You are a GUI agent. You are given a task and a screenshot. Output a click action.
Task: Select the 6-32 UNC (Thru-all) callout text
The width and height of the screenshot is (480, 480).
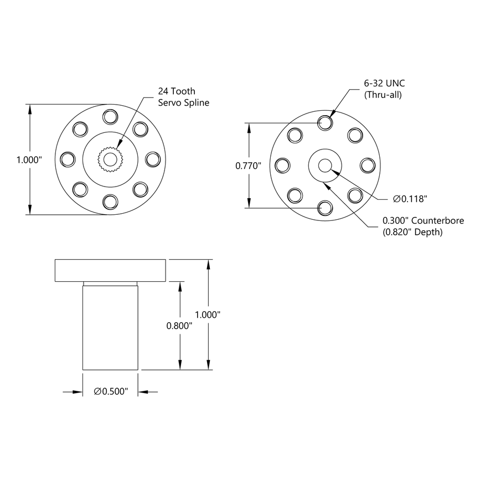384,89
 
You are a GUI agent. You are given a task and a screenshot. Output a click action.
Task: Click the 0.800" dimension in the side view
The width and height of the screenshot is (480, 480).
179,326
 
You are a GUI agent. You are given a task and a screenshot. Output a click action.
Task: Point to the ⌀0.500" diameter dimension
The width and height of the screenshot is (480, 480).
111,392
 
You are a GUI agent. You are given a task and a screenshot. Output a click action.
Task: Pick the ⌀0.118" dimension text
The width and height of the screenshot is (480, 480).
410,198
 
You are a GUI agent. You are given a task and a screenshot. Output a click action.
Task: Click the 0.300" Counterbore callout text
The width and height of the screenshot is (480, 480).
423,220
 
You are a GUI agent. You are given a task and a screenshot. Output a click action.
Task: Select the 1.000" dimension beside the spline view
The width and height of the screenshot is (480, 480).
29,159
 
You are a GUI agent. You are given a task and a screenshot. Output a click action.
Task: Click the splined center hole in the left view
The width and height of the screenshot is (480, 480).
110,159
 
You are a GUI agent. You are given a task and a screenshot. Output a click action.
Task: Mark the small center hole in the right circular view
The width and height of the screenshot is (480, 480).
324,165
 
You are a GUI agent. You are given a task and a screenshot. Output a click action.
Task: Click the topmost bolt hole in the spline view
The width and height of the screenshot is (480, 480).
110,117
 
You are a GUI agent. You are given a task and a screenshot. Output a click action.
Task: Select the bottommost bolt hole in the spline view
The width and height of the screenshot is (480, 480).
110,201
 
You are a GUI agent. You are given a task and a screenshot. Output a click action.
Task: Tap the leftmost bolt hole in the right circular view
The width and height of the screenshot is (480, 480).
282,165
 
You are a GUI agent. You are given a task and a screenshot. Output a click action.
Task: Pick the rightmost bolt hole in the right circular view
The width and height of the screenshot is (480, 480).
367,165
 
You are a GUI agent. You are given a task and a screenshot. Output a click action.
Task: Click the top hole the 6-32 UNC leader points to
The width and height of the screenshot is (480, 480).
325,123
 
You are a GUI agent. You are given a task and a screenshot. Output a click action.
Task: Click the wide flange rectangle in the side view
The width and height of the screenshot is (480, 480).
111,270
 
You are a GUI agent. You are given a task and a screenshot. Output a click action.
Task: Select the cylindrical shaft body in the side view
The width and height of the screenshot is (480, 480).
110,327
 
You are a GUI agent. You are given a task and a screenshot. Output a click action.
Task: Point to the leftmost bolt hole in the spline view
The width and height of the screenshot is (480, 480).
68,159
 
